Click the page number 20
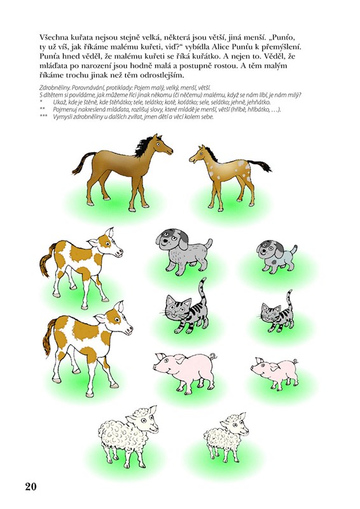(31, 486)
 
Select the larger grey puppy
(183, 251)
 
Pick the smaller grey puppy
(277, 256)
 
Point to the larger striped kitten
(186, 309)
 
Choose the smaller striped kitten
(277, 313)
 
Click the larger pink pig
(186, 371)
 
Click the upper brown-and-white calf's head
(106, 244)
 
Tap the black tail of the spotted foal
(260, 165)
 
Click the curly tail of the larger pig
(213, 356)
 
